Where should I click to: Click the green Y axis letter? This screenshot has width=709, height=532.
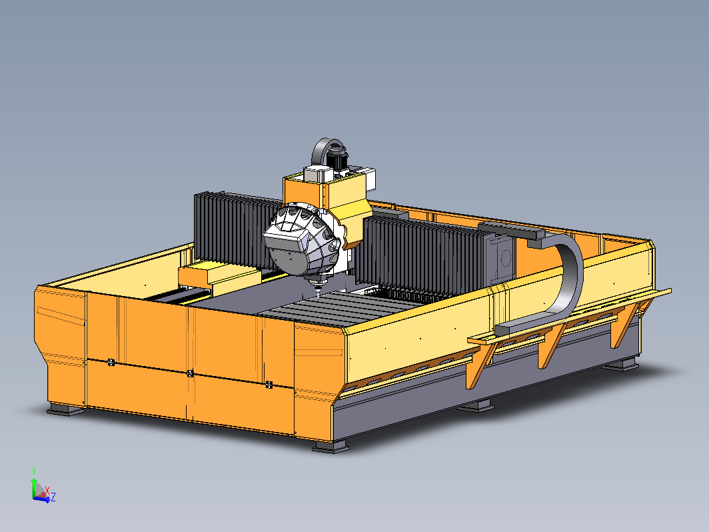(x=34, y=471)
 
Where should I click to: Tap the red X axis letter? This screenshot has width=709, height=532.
(x=47, y=491)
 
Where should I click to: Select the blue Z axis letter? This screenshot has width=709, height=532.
(x=53, y=497)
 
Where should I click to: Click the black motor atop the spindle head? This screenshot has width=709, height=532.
(x=337, y=159)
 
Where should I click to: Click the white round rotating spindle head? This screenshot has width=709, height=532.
(x=301, y=240)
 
